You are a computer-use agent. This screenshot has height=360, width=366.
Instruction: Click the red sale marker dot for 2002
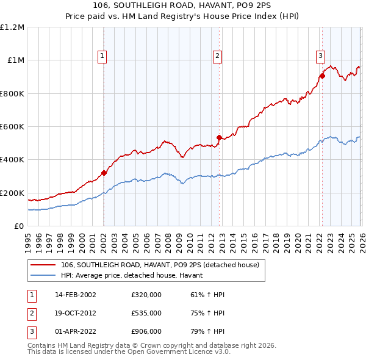104,173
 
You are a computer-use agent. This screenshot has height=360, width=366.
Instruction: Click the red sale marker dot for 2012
219,137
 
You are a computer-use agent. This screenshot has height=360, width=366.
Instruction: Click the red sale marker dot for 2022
321,76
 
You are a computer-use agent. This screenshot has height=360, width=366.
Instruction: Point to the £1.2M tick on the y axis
12,27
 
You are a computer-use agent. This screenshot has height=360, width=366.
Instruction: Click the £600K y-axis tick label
12,127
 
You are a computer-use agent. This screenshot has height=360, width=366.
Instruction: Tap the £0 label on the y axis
18,226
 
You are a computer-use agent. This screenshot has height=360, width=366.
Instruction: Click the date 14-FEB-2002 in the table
75,294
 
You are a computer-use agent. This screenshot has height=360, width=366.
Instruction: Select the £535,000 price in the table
146,312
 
